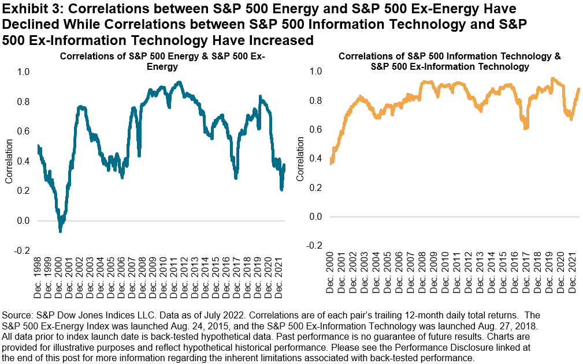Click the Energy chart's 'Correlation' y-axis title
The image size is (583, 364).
pyautogui.click(x=9, y=161)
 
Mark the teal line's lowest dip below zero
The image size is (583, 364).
pyautogui.click(x=60, y=230)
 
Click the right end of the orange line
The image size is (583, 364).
pyautogui.click(x=579, y=89)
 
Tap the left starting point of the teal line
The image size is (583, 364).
pyautogui.click(x=38, y=147)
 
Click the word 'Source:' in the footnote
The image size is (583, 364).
pyautogui.click(x=19, y=316)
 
